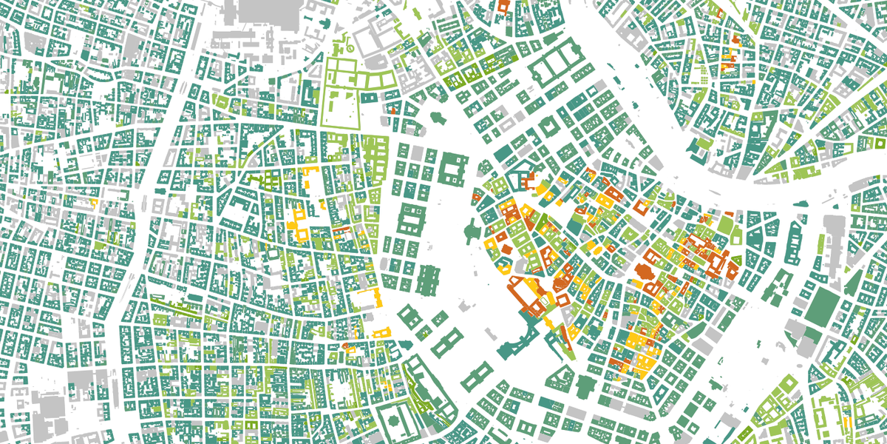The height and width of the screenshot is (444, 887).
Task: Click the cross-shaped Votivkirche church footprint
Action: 437,119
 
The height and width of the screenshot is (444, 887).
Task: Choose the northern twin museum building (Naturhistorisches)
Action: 445,343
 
